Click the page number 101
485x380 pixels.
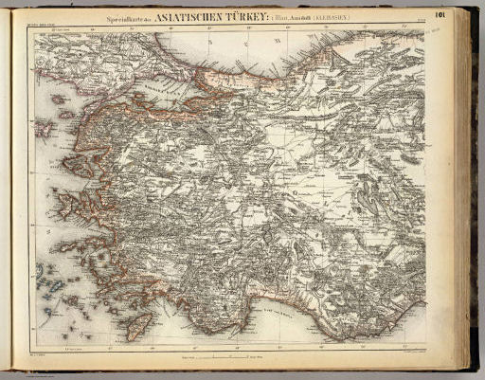[x=440, y=14]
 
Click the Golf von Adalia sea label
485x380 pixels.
[x=284, y=317]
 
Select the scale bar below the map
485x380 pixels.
[x=219, y=359]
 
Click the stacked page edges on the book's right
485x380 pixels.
[x=469, y=190]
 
